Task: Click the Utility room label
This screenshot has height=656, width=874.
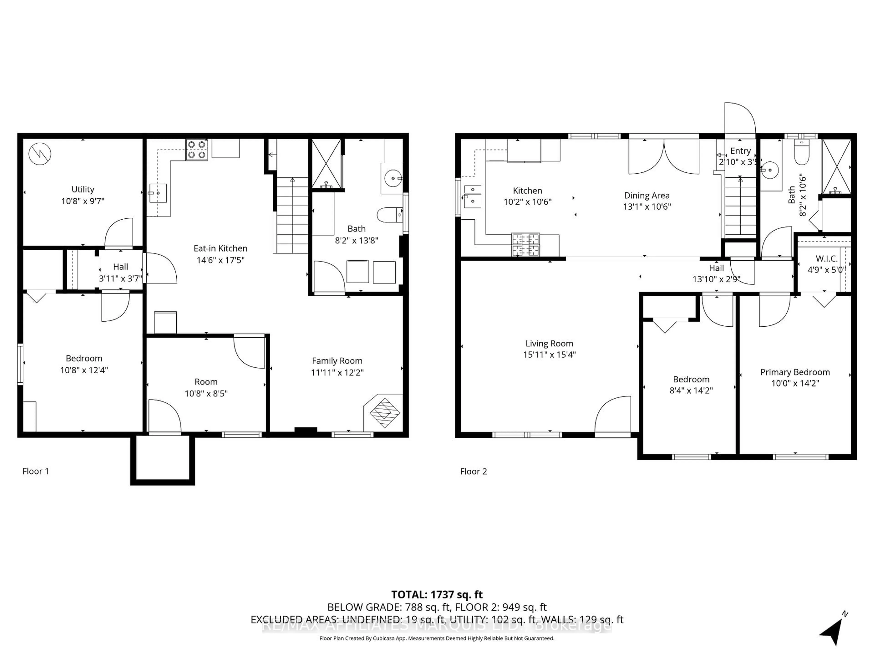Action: [x=83, y=190]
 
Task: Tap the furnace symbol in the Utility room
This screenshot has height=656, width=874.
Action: [x=40, y=154]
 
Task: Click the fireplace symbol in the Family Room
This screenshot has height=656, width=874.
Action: [x=384, y=413]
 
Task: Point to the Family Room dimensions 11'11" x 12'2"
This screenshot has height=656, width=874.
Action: [x=337, y=372]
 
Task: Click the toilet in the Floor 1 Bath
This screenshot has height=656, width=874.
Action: [x=389, y=215]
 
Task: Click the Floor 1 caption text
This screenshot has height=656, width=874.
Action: [x=36, y=471]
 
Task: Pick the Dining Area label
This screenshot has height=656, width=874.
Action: [x=647, y=195]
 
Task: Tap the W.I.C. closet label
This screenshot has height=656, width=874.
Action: [x=827, y=259]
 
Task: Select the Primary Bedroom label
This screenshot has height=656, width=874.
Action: [x=795, y=372]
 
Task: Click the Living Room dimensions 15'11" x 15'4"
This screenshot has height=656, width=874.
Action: [x=549, y=355]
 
